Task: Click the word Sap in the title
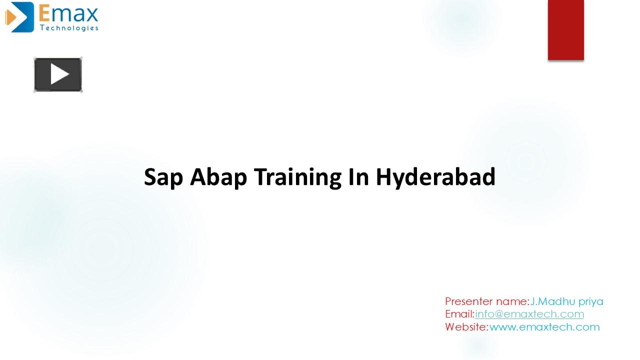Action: pos(163,177)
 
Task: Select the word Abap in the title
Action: pos(218,177)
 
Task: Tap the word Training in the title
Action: pos(297,177)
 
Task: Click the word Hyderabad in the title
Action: pos(435,177)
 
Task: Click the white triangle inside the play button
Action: pos(60,74)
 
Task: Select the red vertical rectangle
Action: pos(565,30)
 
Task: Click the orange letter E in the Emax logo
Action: pos(44,13)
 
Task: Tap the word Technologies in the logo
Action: pos(69,27)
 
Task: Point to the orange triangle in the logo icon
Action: pos(10,17)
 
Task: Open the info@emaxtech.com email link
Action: pos(529,314)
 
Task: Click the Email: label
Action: pos(459,314)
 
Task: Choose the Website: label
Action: pos(466,326)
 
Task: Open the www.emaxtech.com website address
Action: pos(544,327)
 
